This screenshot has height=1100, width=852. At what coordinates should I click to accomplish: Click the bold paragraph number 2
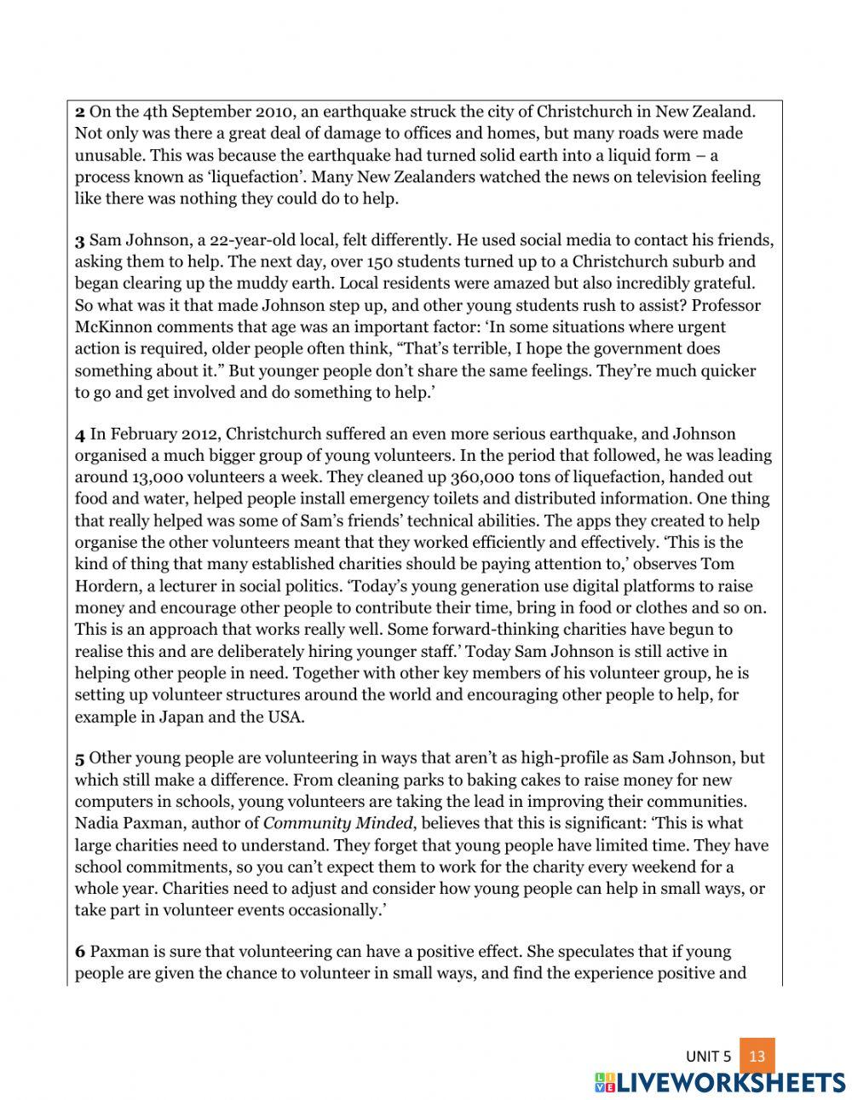pos(80,112)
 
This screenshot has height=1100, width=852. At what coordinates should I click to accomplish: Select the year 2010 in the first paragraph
pos(273,112)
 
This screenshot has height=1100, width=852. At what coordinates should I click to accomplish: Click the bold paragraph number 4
pos(80,435)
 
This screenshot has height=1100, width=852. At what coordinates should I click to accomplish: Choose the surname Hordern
pos(106,586)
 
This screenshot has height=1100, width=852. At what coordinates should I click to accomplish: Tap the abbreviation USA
pos(285,716)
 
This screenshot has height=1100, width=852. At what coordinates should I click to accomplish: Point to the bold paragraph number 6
pos(80,952)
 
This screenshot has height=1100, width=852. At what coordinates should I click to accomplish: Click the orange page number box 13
pos(757,1056)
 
